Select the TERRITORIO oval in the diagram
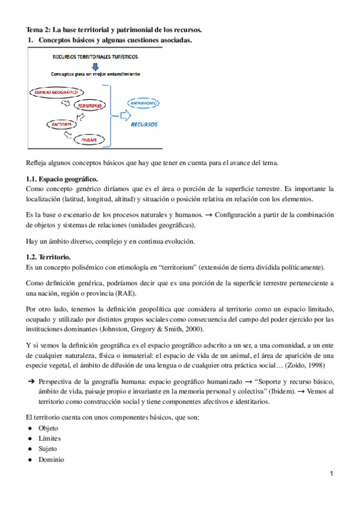tap(91, 106)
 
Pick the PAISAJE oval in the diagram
tap(89, 139)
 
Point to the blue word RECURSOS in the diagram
tap(144, 125)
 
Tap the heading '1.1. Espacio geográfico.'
tap(62, 179)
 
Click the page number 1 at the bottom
tap(331, 475)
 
